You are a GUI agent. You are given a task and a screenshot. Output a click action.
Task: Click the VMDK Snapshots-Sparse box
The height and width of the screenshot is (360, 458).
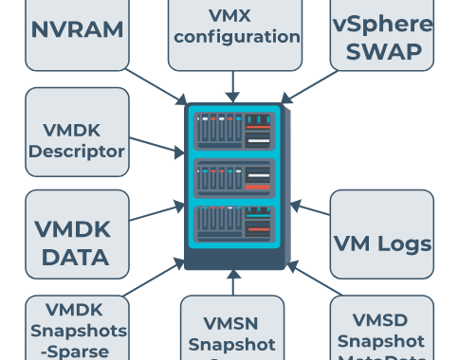(x=77, y=328)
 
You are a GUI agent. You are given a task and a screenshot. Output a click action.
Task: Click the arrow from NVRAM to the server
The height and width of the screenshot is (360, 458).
(x=157, y=85)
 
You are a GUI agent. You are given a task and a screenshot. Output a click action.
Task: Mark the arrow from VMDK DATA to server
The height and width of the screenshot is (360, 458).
(x=157, y=210)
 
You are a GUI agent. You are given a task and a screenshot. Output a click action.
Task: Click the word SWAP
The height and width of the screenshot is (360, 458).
(x=382, y=51)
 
